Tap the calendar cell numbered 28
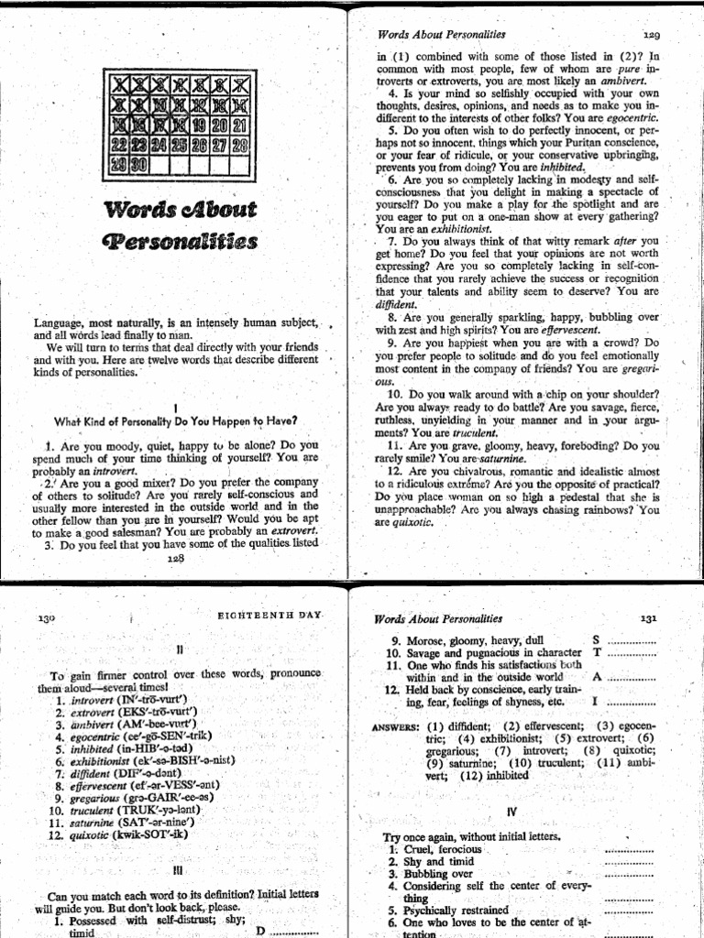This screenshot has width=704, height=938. (x=240, y=145)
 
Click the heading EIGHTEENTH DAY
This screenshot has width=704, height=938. (x=269, y=617)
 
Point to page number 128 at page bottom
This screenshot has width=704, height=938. (x=175, y=557)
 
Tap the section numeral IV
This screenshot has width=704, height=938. (x=511, y=813)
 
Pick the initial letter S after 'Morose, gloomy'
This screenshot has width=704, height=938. (x=597, y=639)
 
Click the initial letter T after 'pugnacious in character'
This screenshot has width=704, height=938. (x=597, y=652)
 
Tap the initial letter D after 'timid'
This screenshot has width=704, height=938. (x=259, y=931)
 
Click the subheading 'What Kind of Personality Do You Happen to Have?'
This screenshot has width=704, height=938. (x=176, y=421)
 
